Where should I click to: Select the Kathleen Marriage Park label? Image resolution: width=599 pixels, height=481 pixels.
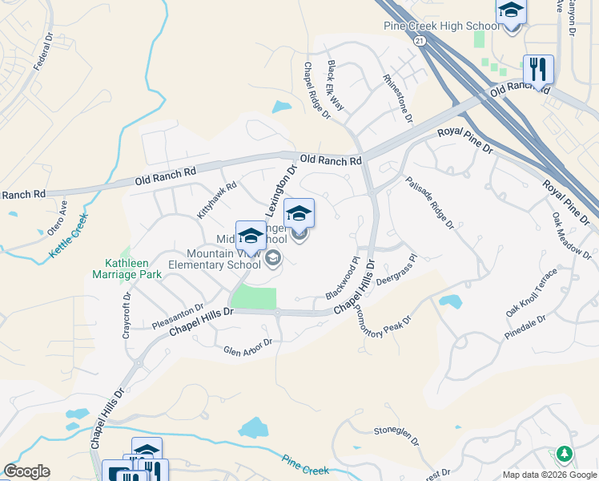coord(134,269)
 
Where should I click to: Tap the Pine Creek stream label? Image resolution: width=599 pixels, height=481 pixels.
coord(306,463)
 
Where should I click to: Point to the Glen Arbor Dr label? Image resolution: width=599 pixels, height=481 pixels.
coord(248,346)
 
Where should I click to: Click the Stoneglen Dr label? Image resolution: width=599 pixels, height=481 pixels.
coord(396,433)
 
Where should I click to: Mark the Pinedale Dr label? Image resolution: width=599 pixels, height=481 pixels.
coord(525,325)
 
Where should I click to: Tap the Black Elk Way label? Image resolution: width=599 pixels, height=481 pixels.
coord(335,85)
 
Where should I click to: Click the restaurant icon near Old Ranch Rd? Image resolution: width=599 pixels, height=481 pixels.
coord(538,69)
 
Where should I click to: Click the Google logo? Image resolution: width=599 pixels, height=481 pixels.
coord(26,471)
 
